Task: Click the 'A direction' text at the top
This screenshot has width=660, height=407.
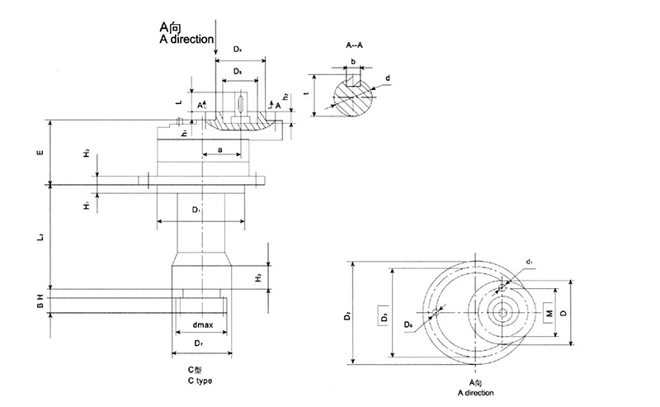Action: pyautogui.click(x=186, y=39)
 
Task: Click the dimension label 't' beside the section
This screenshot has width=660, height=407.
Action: pyautogui.click(x=307, y=94)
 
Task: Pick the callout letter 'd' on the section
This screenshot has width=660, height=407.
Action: pyautogui.click(x=388, y=79)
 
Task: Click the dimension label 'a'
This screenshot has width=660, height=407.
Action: pyautogui.click(x=219, y=149)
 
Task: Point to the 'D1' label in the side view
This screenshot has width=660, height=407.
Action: pyautogui.click(x=196, y=211)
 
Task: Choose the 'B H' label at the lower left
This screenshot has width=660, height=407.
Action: pyautogui.click(x=39, y=301)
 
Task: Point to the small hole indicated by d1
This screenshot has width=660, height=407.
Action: pyautogui.click(x=501, y=288)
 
